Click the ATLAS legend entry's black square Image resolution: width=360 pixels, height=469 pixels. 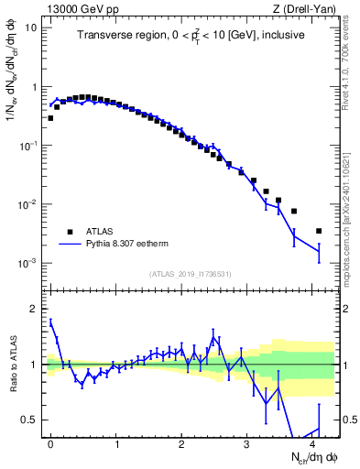point(69,232)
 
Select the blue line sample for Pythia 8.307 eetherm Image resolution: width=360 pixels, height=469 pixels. point(69,245)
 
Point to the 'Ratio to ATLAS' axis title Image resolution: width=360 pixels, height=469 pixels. point(12,364)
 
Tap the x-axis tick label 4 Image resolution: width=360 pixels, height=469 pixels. point(313,443)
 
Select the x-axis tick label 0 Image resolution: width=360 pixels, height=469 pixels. point(50,443)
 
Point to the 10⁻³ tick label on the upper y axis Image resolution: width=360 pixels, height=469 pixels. point(28,263)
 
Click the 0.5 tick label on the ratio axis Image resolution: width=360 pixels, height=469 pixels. point(29,420)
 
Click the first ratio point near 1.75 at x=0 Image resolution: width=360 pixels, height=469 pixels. point(50,322)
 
